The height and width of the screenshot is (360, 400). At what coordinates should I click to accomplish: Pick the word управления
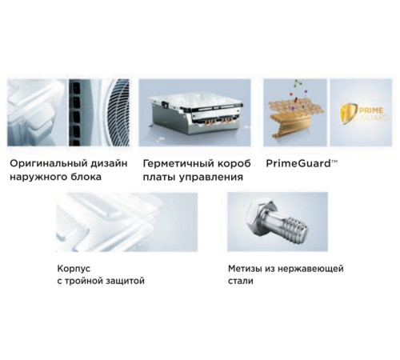tap(209, 177)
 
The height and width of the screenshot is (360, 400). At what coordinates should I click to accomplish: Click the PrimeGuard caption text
tap(298, 162)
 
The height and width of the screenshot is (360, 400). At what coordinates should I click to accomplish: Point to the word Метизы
tap(244, 269)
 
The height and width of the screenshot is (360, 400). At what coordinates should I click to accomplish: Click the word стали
tap(240, 282)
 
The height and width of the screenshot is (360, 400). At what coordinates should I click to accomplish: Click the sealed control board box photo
tap(194, 113)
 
